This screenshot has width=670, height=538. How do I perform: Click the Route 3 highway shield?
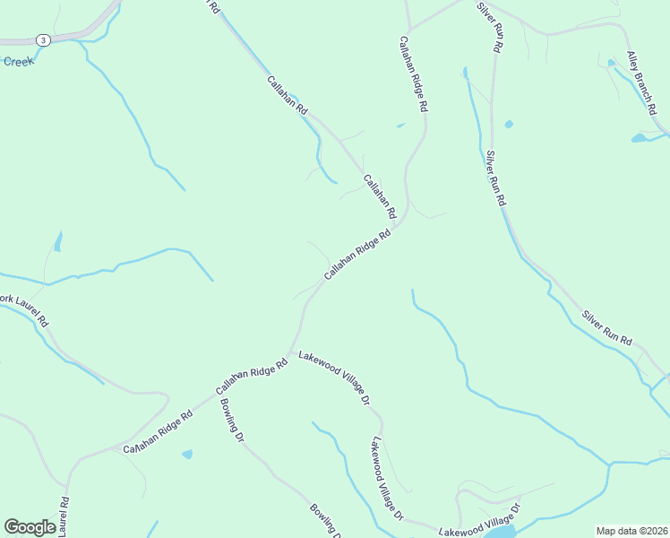pyautogui.click(x=43, y=39)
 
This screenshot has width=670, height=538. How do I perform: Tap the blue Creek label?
pyautogui.click(x=18, y=62)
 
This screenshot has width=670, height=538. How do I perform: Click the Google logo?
pyautogui.click(x=30, y=527)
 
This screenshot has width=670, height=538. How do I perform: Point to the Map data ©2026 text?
pyautogui.click(x=631, y=531)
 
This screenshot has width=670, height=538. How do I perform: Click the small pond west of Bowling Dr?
pyautogui.click(x=187, y=455)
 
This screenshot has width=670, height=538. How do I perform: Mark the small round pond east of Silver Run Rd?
pyautogui.click(x=509, y=124)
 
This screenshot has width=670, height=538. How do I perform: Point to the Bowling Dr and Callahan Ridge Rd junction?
pyautogui.click(x=218, y=398)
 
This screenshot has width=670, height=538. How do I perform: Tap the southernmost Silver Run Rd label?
pyautogui.click(x=607, y=329)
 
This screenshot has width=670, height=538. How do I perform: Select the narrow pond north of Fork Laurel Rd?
pyautogui.click(x=58, y=241)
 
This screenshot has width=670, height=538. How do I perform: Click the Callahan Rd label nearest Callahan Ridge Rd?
pyautogui.click(x=379, y=197)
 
